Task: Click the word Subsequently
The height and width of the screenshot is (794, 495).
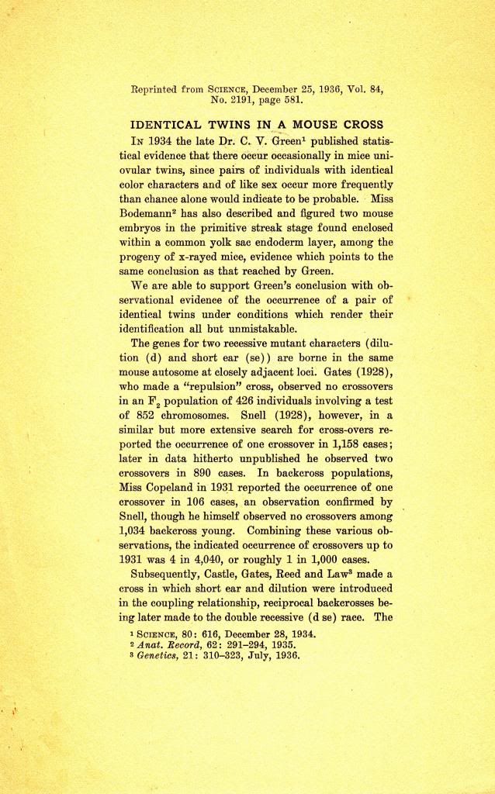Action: (x=171, y=574)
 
